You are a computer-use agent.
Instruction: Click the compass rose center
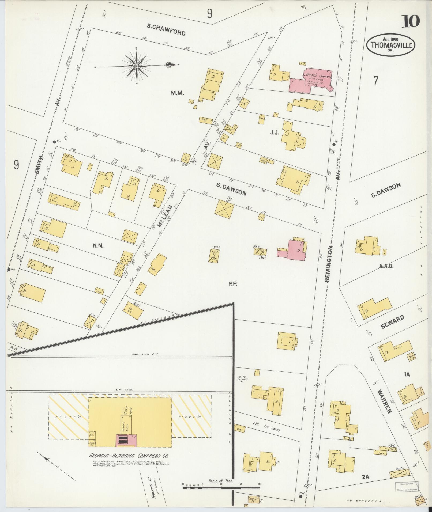[136, 65]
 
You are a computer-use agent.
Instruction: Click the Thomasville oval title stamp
[391, 45]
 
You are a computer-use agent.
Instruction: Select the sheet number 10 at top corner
[410, 21]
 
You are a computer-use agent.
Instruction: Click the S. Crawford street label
[166, 29]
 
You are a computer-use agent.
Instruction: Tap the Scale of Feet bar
[221, 488]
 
